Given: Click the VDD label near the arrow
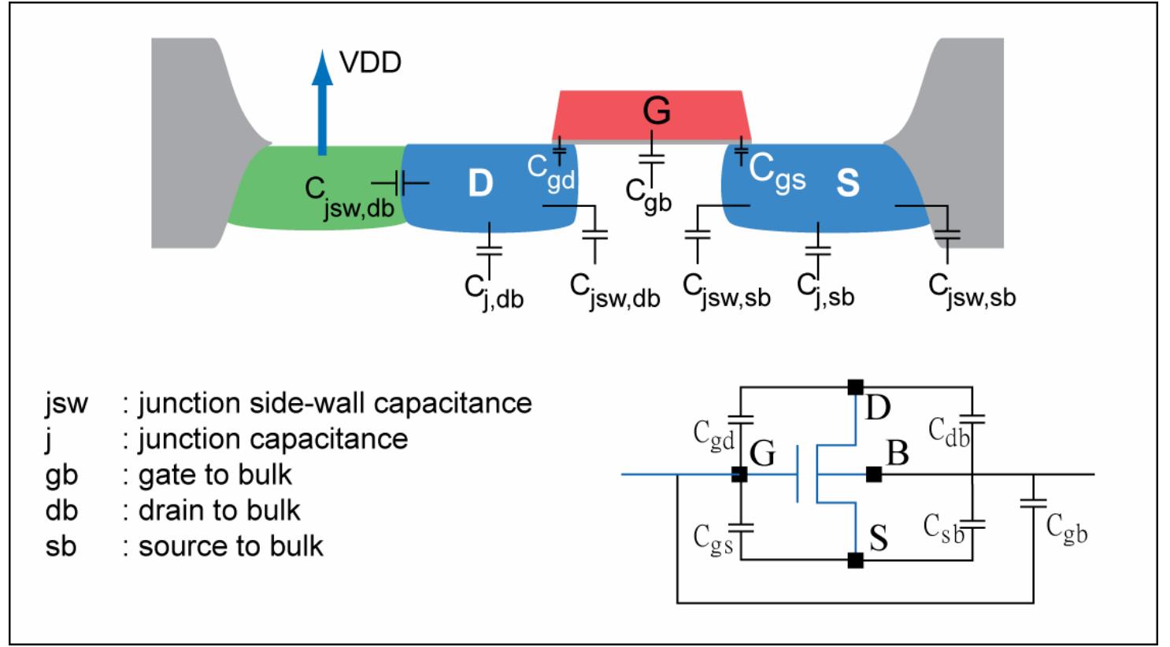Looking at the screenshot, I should pyautogui.click(x=371, y=62).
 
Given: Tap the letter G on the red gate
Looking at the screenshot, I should pyautogui.click(x=655, y=111).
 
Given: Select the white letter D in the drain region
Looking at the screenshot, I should pyautogui.click(x=479, y=183).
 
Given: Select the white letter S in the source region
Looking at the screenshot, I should pyautogui.click(x=846, y=183).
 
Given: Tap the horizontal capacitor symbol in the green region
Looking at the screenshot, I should pyautogui.click(x=400, y=183).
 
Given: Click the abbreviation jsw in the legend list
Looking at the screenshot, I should pyautogui.click(x=66, y=403).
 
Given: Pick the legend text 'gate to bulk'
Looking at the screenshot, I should pyautogui.click(x=215, y=475).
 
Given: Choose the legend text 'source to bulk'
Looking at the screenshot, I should pyautogui.click(x=231, y=545).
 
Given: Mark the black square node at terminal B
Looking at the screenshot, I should pyautogui.click(x=873, y=474).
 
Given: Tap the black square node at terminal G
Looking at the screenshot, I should pyautogui.click(x=739, y=475).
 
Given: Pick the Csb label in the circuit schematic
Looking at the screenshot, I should pyautogui.click(x=943, y=526).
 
